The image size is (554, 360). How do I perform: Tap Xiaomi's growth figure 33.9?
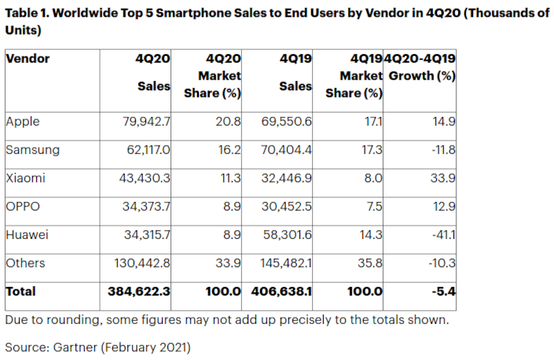click(x=443, y=178)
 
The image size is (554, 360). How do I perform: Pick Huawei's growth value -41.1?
click(x=445, y=235)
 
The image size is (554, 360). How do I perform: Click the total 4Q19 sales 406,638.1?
click(x=282, y=292)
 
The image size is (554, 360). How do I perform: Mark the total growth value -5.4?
click(x=445, y=292)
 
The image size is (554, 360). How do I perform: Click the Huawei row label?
click(x=27, y=235)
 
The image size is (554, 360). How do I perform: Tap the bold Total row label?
click(x=20, y=292)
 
